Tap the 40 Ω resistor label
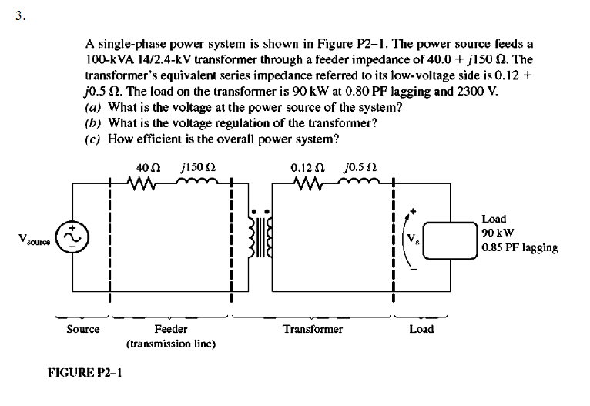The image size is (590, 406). (x=146, y=167)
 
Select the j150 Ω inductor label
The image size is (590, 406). (x=197, y=167)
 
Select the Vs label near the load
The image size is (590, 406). (x=411, y=237)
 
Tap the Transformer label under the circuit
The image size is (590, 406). (x=312, y=329)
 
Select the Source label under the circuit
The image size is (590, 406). (x=82, y=329)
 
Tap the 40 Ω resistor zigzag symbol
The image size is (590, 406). (x=146, y=185)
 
